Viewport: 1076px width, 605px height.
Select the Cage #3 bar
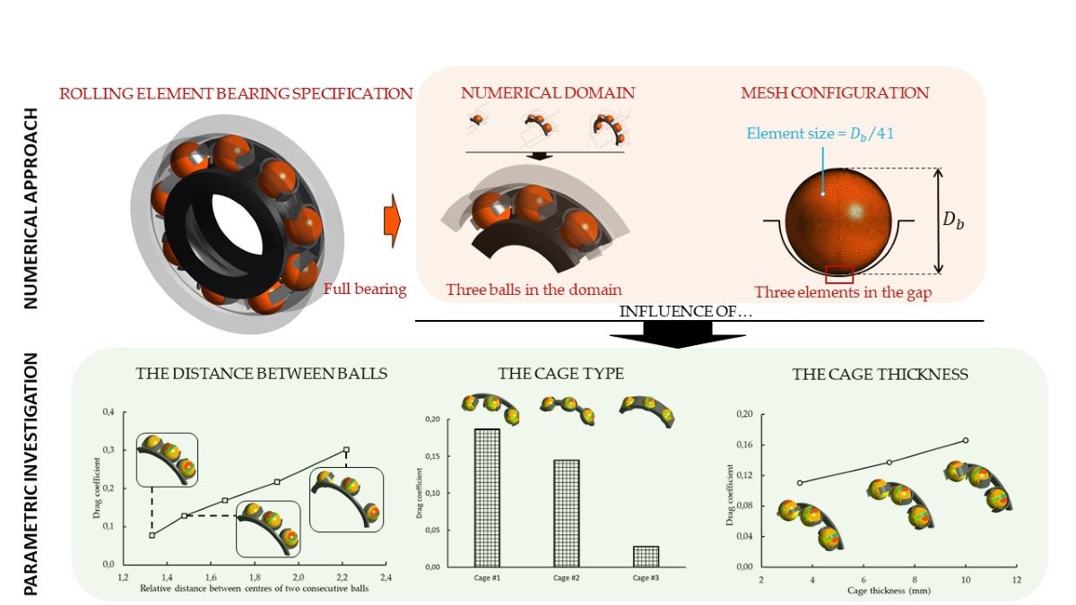click(646, 556)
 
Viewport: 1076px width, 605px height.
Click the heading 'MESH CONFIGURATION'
click(834, 93)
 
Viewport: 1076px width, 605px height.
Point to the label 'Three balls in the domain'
click(534, 290)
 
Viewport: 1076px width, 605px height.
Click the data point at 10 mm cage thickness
click(966, 440)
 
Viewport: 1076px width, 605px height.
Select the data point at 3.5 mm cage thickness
click(800, 482)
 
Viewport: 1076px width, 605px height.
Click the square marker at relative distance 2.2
click(346, 450)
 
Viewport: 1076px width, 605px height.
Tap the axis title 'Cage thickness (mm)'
click(889, 592)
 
